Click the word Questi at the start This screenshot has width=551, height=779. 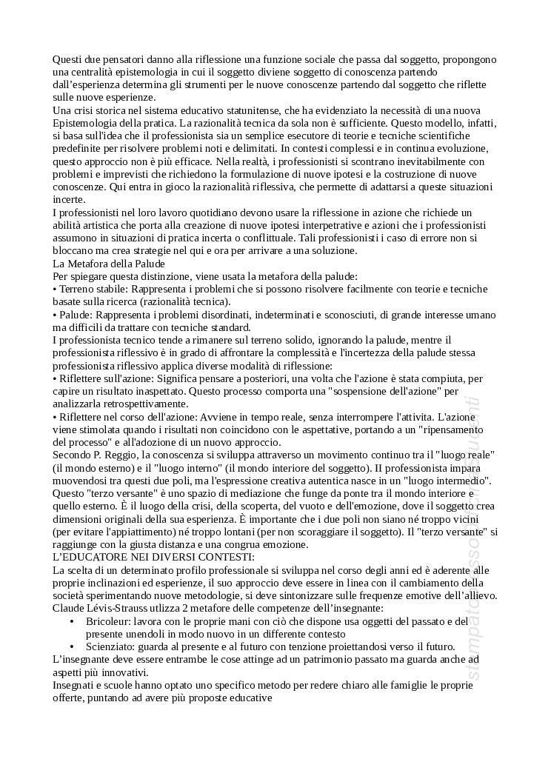pos(67,59)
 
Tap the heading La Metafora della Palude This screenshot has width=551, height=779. pos(108,263)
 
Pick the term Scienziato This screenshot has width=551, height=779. pos(111,646)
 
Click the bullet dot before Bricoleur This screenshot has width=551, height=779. pos(71,621)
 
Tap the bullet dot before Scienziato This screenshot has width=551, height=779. pos(71,646)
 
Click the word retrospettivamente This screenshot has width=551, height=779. pos(140,404)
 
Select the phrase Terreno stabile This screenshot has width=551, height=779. pos(91,289)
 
